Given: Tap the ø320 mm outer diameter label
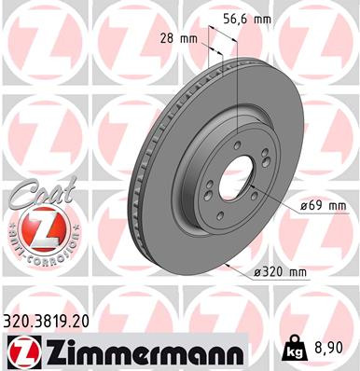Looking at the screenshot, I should (x=281, y=272).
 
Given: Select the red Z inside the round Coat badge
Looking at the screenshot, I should (x=35, y=229).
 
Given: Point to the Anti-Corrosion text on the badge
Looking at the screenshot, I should (x=35, y=254).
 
